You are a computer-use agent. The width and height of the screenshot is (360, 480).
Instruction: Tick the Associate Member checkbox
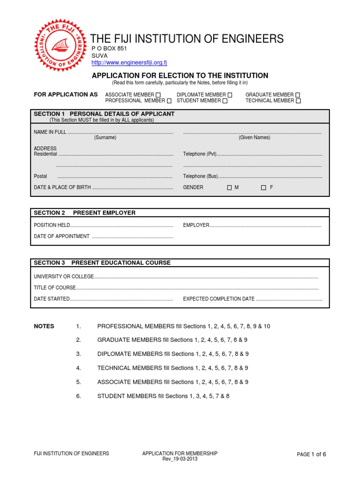point(158,95)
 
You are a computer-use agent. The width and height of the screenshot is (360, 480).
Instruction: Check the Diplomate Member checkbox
point(230,95)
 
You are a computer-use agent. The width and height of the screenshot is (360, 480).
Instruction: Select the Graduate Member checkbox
point(298,95)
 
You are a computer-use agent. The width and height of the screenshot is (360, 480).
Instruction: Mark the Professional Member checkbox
point(169,101)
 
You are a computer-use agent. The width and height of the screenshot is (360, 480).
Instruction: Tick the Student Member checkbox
point(225,101)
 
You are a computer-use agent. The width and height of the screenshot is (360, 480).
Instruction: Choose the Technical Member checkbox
point(298,101)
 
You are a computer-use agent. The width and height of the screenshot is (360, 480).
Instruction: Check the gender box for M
point(229,187)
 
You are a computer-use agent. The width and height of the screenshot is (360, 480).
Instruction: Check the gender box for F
point(263,187)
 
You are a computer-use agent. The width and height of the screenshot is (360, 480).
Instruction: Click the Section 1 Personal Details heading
point(104,114)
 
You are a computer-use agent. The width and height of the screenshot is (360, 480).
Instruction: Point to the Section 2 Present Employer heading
point(85,213)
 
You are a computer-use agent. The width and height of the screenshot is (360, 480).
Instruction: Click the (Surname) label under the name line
point(105,138)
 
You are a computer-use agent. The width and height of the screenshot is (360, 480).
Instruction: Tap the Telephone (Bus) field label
point(200,177)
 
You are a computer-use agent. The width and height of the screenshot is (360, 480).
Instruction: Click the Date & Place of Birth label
point(62,187)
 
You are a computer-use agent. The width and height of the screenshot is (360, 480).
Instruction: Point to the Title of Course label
point(54,288)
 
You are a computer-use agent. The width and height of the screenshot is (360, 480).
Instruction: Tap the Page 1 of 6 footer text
point(311,454)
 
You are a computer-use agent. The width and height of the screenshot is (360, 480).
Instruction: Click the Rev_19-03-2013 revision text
point(180,459)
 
